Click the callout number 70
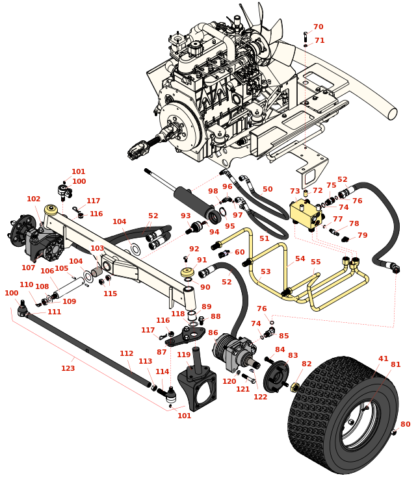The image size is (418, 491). [318, 27]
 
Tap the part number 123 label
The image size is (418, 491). [68, 368]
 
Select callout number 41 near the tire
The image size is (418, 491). [383, 359]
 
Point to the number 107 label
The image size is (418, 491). [28, 267]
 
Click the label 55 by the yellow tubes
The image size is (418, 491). [316, 262]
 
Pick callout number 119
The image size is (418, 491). [184, 355]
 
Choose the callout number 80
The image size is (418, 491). [405, 424]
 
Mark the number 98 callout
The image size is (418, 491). [213, 191]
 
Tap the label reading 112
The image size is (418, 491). [127, 353]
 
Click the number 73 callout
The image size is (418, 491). [295, 191]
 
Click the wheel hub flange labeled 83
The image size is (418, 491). [276, 375]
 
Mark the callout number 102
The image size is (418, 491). [33, 199]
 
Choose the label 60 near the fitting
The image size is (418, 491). [240, 252]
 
